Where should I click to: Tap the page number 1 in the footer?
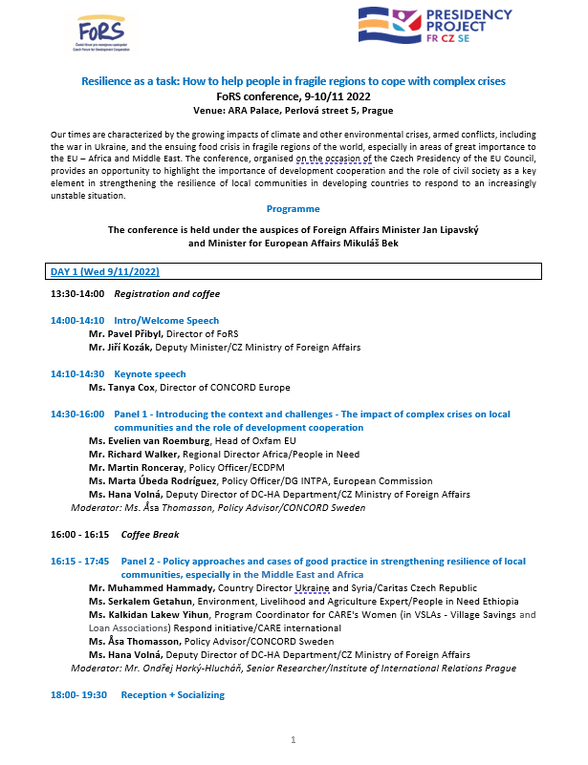click(294, 740)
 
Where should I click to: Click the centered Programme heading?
click(294, 208)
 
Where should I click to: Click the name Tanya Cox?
click(135, 388)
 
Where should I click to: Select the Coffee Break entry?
click(149, 535)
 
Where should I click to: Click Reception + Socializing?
click(172, 695)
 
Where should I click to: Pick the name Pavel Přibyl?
click(133, 334)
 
